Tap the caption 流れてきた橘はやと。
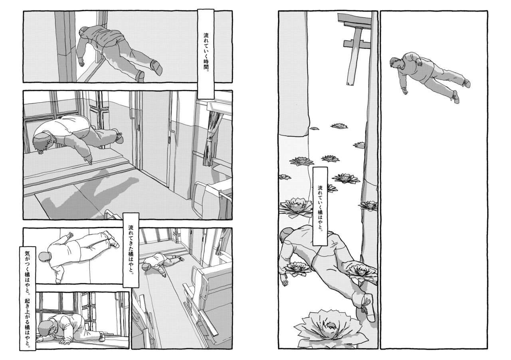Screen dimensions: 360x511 130,250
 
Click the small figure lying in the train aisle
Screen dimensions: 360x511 162,263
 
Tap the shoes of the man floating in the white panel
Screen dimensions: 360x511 459,90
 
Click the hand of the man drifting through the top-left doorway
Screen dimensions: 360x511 82,62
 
